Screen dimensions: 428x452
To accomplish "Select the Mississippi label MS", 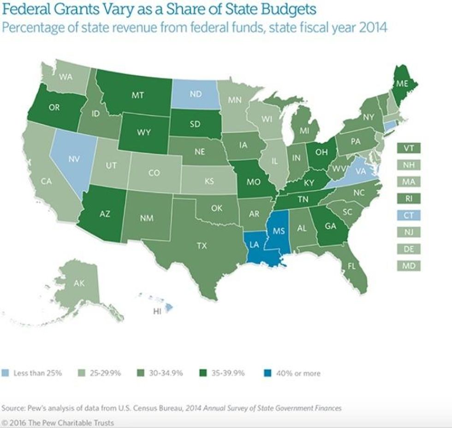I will [x=279, y=229].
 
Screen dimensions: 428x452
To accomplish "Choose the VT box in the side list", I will [x=408, y=148].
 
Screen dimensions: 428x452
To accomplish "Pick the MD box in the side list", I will [x=408, y=266].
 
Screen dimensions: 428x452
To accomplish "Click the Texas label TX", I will [x=202, y=246].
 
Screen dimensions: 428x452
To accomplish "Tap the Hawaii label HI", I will [x=156, y=311].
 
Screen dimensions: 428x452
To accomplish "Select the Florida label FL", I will [x=352, y=266].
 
